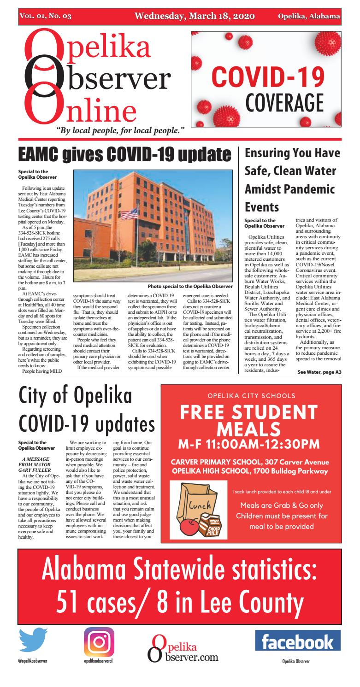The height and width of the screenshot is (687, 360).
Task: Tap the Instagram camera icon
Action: pyautogui.click(x=99, y=642)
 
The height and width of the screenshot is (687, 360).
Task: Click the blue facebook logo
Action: pyautogui.click(x=297, y=641)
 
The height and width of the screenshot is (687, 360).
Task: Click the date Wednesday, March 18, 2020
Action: pyautogui.click(x=195, y=17)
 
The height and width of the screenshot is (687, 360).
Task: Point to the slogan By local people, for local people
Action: pyautogui.click(x=121, y=130)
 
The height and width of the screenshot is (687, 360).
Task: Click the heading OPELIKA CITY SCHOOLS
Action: pyautogui.click(x=251, y=395)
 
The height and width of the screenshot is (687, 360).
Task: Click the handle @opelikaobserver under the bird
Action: pyautogui.click(x=33, y=660)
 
